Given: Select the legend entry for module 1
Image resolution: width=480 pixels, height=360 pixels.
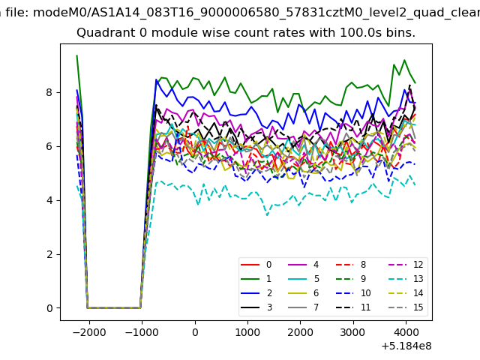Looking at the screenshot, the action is (x=256, y=278).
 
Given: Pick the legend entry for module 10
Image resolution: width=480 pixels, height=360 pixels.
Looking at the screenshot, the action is (x=353, y=293).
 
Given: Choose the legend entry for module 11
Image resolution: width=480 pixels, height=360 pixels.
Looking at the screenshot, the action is (x=353, y=307).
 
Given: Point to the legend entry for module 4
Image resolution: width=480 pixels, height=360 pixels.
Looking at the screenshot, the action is (x=303, y=265).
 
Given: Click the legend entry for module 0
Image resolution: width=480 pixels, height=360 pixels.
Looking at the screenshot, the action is (x=256, y=265).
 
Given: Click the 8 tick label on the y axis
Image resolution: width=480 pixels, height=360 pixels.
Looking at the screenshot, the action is (x=49, y=92).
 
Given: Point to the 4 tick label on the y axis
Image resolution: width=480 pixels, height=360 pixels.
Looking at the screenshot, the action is (x=49, y=200).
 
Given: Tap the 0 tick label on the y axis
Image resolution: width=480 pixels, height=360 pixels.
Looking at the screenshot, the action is (x=49, y=308).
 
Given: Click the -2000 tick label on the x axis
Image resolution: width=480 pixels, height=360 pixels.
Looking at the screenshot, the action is (x=89, y=332).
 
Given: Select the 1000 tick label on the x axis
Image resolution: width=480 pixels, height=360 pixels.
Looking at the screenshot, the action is (x=247, y=332).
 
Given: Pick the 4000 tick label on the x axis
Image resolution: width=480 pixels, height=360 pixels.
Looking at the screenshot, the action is (x=406, y=332).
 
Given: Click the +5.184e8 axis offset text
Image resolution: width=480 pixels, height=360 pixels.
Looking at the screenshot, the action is (x=406, y=346).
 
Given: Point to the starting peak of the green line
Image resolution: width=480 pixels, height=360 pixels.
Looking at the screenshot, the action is (x=76, y=55).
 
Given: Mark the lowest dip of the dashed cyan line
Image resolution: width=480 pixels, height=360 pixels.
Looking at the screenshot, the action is (x=267, y=215).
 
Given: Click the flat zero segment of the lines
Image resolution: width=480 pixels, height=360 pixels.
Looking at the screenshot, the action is (x=114, y=307).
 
